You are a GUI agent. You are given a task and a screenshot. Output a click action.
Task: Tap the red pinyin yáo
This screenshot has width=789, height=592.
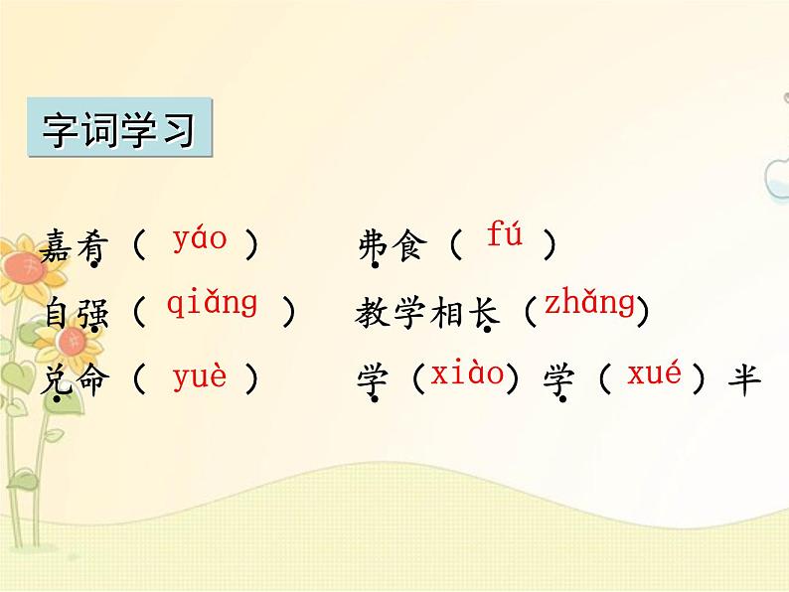tap(199, 239)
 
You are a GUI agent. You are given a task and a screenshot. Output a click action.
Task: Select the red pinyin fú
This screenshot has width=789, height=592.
tap(504, 235)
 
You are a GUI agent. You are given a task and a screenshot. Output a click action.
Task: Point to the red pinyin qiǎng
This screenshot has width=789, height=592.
tap(212, 304)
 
